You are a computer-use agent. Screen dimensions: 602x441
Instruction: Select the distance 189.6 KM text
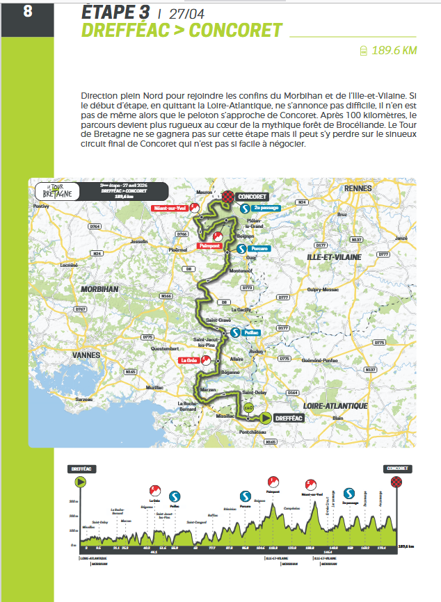tap(394, 51)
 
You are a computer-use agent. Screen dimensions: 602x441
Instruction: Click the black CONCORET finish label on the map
tap(252, 197)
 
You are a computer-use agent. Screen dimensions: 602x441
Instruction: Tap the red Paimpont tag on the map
tap(209, 245)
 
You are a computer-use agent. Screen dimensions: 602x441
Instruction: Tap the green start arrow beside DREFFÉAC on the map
tap(266, 418)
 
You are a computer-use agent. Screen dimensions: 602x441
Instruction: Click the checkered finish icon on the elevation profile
tap(396, 482)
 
